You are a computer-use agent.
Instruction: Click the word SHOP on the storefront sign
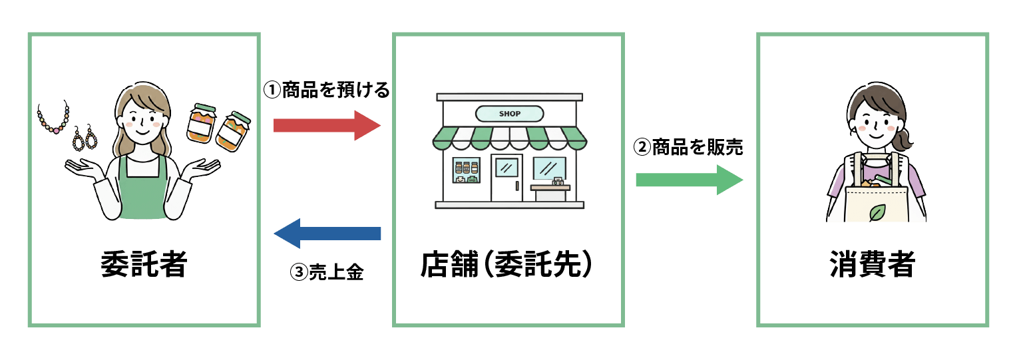tap(509, 114)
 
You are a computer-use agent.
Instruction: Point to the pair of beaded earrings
tap(84, 139)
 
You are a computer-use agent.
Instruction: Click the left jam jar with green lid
tap(202, 123)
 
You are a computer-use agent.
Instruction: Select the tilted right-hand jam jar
tap(232, 131)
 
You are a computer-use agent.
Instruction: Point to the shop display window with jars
tap(466, 170)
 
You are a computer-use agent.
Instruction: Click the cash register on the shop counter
tap(557, 182)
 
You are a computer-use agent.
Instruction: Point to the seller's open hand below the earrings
tap(82, 168)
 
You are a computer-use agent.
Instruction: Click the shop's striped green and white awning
tap(509, 138)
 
